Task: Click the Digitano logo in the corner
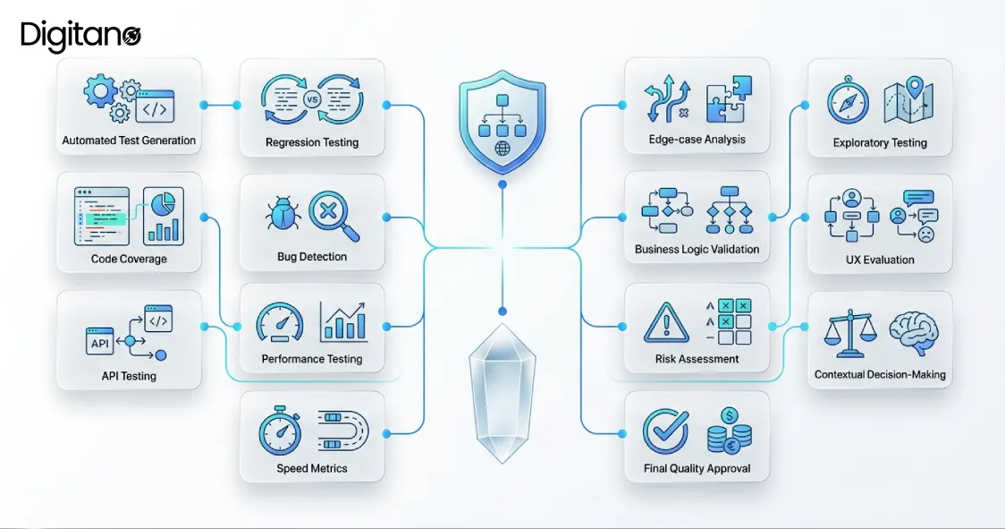click(80, 36)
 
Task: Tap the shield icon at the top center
click(502, 121)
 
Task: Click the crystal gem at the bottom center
click(502, 393)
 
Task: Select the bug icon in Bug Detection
click(283, 213)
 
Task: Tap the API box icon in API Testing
click(100, 342)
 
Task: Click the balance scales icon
click(850, 333)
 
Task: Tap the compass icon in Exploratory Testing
click(848, 101)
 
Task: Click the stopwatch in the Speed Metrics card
click(280, 431)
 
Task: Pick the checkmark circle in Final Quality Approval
click(666, 431)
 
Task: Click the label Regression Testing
click(312, 142)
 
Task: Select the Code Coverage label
click(129, 260)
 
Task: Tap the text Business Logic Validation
click(697, 249)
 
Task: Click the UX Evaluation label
click(880, 260)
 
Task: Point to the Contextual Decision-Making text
click(880, 375)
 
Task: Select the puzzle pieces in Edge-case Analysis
click(729, 99)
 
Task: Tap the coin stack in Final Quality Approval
click(730, 431)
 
